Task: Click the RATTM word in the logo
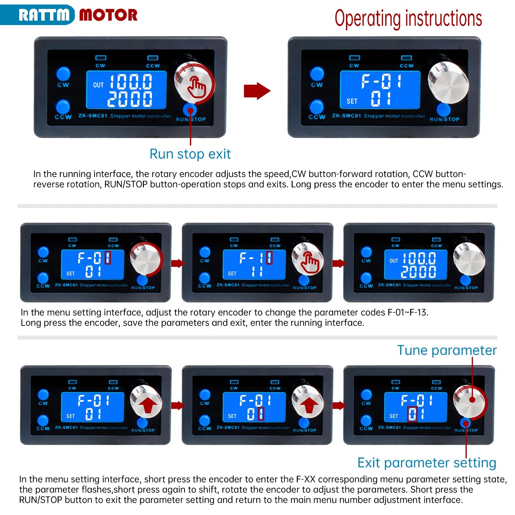pyautogui.click(x=44, y=15)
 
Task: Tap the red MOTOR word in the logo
pyautogui.click(x=108, y=15)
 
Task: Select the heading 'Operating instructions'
pyautogui.click(x=408, y=19)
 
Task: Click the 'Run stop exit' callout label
pyautogui.click(x=190, y=154)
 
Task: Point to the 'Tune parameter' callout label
pyautogui.click(x=447, y=350)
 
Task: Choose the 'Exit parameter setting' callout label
pyautogui.click(x=427, y=463)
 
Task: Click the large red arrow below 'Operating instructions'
pyautogui.click(x=257, y=91)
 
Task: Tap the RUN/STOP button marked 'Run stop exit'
pyautogui.click(x=190, y=109)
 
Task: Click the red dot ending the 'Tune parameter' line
pyautogui.click(x=472, y=400)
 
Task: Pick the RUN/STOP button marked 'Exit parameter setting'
pyautogui.click(x=465, y=423)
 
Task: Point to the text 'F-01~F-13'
pyautogui.click(x=407, y=313)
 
